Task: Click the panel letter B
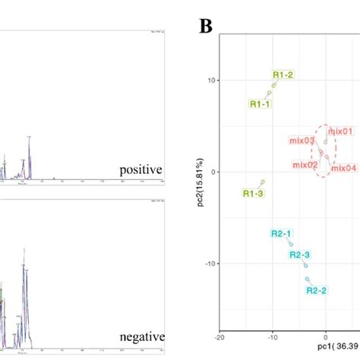pyautogui.click(x=206, y=27)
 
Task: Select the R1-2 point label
pyautogui.click(x=283, y=74)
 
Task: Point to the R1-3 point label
pyautogui.click(x=253, y=194)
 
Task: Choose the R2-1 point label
pyautogui.click(x=281, y=233)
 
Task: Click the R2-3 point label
pyautogui.click(x=300, y=254)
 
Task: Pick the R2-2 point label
pyautogui.click(x=317, y=289)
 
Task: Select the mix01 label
pyautogui.click(x=341, y=131)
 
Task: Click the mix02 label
pyautogui.click(x=305, y=164)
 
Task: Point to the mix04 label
pyautogui.click(x=343, y=168)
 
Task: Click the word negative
pyautogui.click(x=142, y=336)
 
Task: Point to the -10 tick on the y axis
pyautogui.click(x=211, y=264)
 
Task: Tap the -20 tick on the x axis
pyautogui.click(x=219, y=336)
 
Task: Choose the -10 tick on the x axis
pyautogui.click(x=273, y=336)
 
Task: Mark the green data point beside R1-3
pyautogui.click(x=263, y=182)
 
